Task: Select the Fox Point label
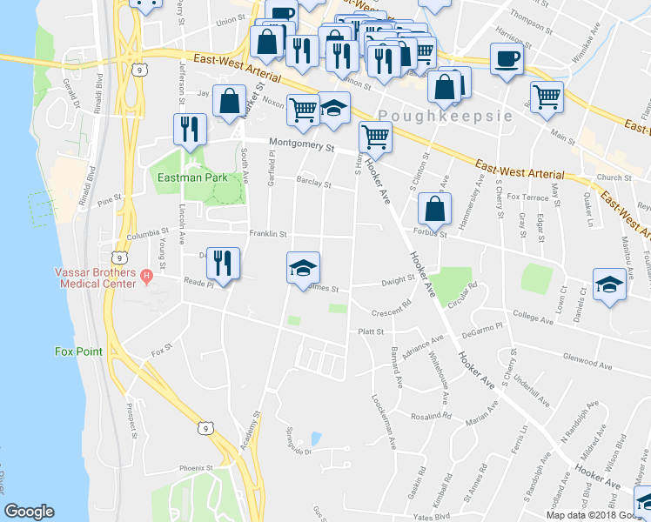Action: tap(78, 351)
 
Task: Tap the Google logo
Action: tap(29, 512)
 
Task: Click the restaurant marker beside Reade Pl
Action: tap(224, 264)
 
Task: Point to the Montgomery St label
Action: tap(301, 145)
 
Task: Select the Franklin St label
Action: tap(268, 234)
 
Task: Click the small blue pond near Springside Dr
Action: tap(315, 438)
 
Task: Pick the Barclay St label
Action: tap(313, 184)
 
